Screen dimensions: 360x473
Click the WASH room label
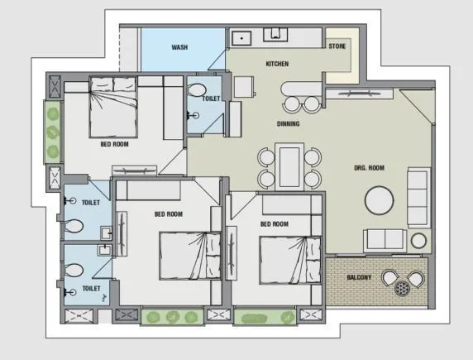click(x=179, y=48)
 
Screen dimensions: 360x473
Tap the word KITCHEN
click(x=276, y=64)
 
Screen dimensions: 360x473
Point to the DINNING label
click(x=288, y=124)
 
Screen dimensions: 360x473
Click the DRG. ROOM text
click(x=370, y=168)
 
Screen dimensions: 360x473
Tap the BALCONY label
click(x=358, y=277)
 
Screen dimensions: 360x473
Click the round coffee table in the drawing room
click(x=380, y=200)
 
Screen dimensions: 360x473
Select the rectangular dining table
click(x=289, y=166)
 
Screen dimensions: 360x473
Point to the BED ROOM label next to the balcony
click(x=274, y=224)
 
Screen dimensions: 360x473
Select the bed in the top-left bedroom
click(x=114, y=106)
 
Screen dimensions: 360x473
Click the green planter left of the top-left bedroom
click(x=52, y=132)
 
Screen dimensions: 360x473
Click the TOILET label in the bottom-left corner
click(x=90, y=288)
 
